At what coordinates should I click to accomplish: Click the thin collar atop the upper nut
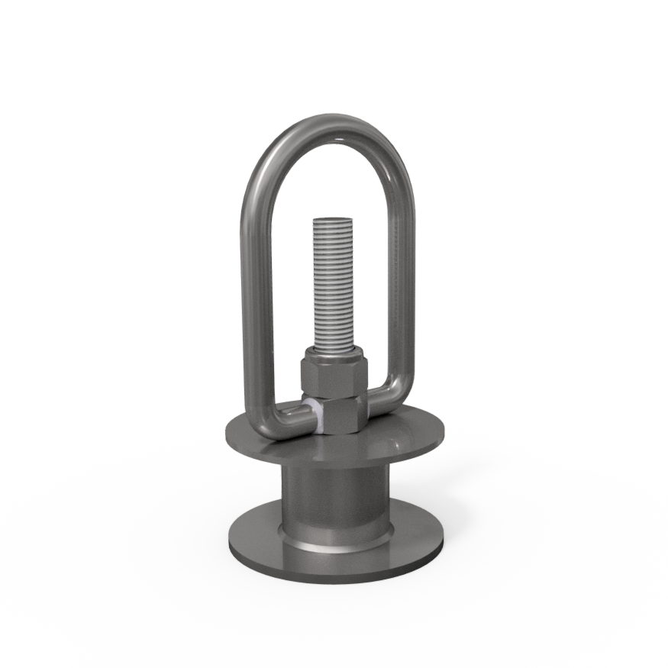tap(334, 353)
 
